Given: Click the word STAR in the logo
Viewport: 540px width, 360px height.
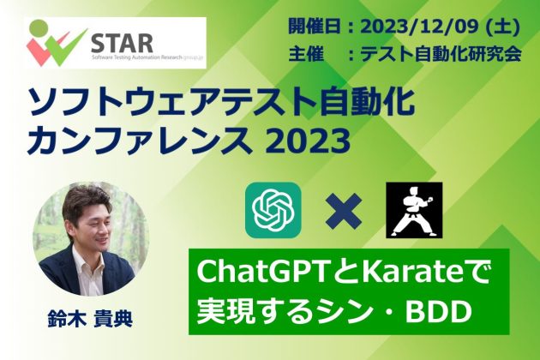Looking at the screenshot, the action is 122,43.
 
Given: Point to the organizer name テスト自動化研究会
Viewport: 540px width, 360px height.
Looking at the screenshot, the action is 441,55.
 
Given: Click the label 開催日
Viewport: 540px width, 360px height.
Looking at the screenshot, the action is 315,27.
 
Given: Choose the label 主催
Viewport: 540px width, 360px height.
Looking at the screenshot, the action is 306,55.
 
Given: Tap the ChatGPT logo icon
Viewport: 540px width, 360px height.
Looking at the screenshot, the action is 273,210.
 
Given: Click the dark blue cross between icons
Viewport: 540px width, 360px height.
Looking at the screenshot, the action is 344,211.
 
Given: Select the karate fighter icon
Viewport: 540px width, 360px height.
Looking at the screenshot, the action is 414,210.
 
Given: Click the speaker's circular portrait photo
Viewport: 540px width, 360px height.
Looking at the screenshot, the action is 91,237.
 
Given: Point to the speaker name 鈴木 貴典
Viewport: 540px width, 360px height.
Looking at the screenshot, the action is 90,319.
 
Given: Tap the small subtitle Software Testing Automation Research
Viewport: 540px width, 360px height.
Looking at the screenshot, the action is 136,57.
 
